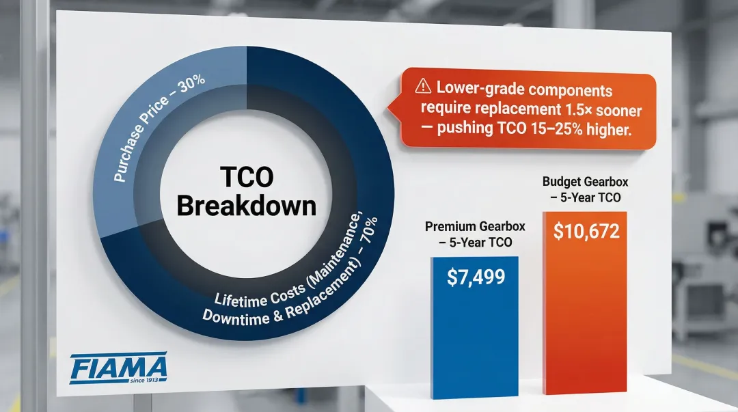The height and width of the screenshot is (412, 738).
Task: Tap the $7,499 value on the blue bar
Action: [476, 277]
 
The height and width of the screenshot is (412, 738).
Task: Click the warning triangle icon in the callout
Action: [422, 88]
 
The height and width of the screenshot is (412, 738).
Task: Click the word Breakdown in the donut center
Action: [246, 205]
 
